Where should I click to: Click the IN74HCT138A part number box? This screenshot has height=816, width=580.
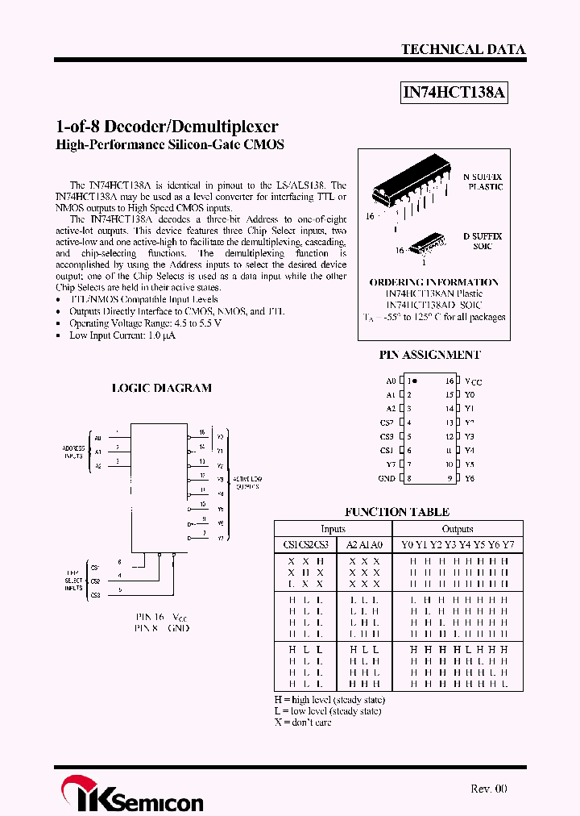pos(454,93)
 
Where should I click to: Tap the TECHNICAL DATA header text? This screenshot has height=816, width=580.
pos(463,49)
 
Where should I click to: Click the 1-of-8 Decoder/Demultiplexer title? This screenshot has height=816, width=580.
pos(167,127)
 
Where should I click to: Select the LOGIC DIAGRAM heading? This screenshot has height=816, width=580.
pos(161,388)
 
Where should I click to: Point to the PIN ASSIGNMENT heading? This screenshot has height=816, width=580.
pos(430,355)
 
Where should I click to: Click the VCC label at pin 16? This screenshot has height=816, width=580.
pos(473,381)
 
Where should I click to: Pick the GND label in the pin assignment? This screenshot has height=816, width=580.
pos(387,478)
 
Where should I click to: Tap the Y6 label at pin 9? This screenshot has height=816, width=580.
pos(470,478)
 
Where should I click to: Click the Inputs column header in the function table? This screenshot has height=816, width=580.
pos(333,529)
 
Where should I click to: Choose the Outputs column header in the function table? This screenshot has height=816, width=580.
pos(457,529)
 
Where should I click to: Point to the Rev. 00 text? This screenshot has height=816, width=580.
pos(488,789)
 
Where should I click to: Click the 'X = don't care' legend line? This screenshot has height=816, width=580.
pos(303,722)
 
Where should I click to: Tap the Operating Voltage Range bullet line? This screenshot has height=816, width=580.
pos(145,323)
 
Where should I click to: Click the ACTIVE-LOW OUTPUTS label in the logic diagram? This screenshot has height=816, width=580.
pos(247,483)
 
